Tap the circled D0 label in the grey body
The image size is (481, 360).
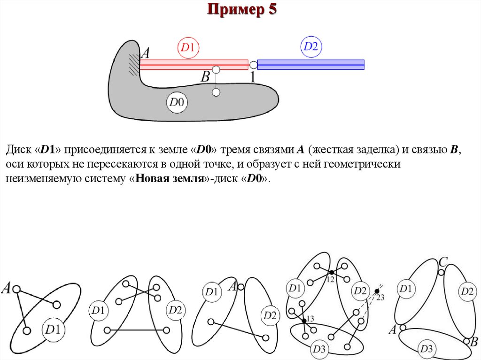pyautogui.click(x=177, y=102)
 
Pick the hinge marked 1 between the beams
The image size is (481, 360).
pyautogui.click(x=253, y=65)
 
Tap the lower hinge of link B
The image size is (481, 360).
pyautogui.click(x=216, y=92)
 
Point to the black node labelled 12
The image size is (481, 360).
pyautogui.click(x=331, y=272)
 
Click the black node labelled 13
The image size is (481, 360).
pyautogui.click(x=304, y=320)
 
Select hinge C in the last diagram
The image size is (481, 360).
pyautogui.click(x=441, y=272)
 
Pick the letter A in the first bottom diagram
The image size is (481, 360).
pyautogui.click(x=7, y=288)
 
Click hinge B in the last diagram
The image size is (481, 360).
pyautogui.click(x=466, y=341)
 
